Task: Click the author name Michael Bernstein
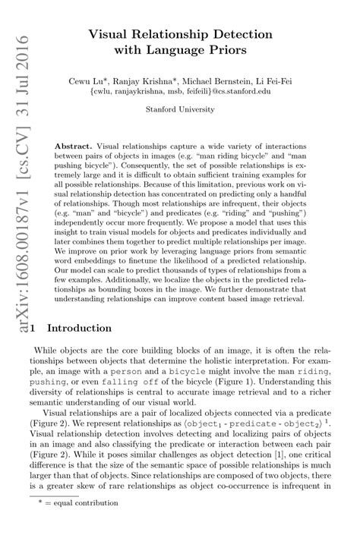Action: pyautogui.click(x=233, y=79)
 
